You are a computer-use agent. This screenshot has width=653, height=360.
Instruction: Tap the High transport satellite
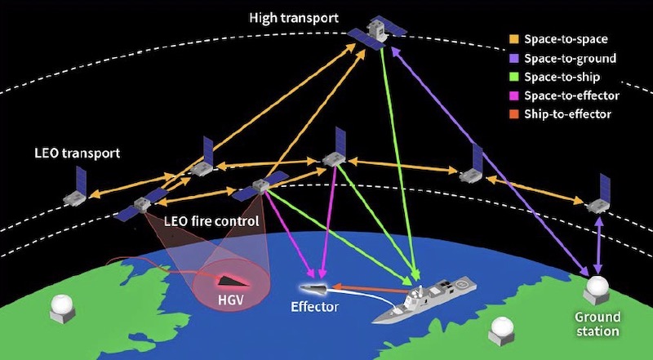(376, 33)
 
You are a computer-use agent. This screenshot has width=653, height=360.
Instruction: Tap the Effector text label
(314, 308)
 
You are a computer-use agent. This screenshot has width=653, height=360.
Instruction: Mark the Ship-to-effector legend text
(569, 114)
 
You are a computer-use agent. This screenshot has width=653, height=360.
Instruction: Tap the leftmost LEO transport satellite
(77, 190)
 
